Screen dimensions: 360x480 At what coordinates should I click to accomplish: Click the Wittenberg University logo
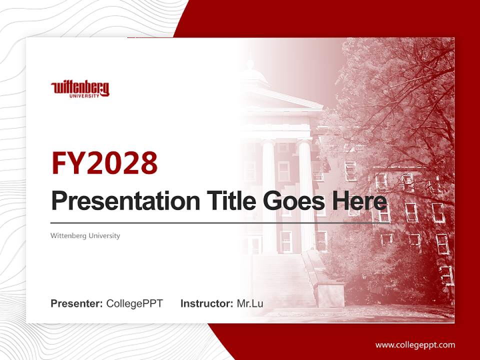coord(80,88)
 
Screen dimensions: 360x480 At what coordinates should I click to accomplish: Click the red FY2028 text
coord(104,163)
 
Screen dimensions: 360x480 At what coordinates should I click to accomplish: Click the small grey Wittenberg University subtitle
coord(85,235)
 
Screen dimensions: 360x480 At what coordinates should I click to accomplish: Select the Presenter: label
coord(77,303)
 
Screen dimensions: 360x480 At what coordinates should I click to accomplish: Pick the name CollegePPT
coord(134,303)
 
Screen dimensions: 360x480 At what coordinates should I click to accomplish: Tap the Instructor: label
coord(206,303)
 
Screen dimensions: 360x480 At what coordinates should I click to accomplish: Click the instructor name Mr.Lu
coord(250,303)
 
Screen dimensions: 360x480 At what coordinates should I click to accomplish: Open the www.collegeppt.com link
coord(415,345)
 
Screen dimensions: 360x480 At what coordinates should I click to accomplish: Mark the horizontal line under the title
coord(215,222)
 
